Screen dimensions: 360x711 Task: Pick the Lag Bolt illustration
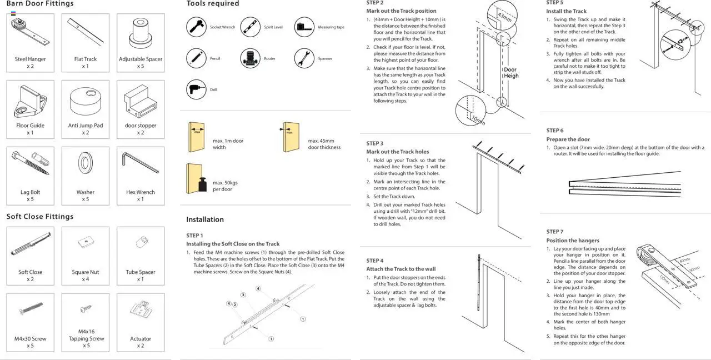point(30,163)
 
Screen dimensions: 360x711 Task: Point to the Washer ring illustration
point(86,163)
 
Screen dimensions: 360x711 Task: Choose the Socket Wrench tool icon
point(196,27)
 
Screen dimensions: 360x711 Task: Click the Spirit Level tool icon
point(250,27)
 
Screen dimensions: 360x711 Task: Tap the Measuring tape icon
point(304,27)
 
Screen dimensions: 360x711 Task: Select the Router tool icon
point(250,58)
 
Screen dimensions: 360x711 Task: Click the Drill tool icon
point(196,89)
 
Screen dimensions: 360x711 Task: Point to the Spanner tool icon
point(304,58)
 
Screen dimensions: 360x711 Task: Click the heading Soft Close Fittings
point(40,216)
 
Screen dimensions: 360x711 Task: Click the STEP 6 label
point(554,131)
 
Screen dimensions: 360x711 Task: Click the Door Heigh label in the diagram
point(510,73)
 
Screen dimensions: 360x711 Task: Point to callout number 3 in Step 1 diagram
point(243,294)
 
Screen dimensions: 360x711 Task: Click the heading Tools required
point(213,4)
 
